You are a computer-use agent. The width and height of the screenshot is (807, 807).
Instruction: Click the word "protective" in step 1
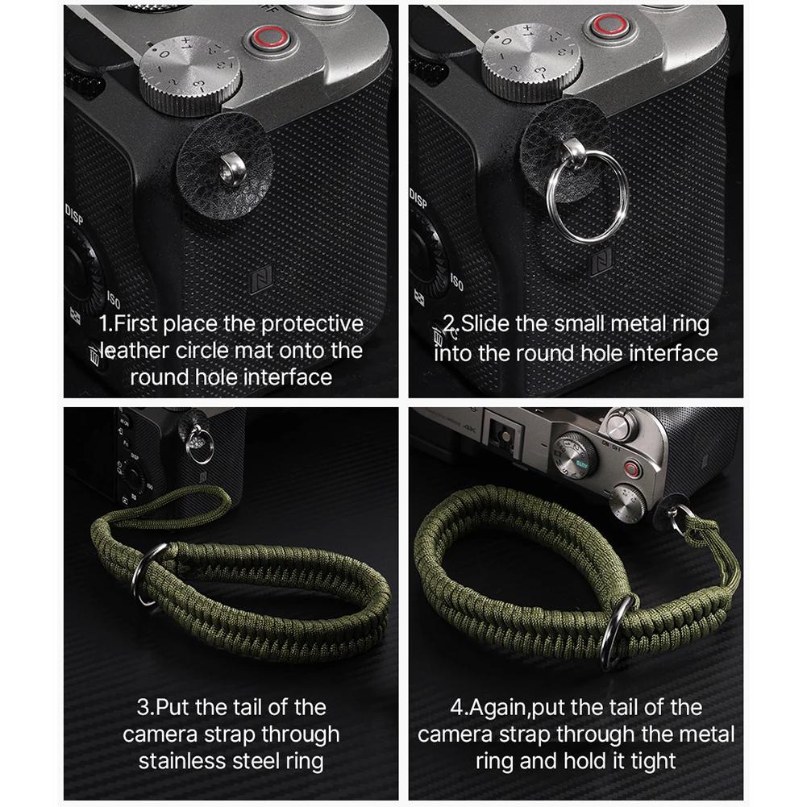pyautogui.click(x=311, y=325)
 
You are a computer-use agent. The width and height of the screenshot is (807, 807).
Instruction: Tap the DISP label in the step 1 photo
pyautogui.click(x=75, y=215)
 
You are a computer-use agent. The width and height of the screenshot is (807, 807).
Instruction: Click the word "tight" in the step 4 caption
pyautogui.click(x=649, y=761)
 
